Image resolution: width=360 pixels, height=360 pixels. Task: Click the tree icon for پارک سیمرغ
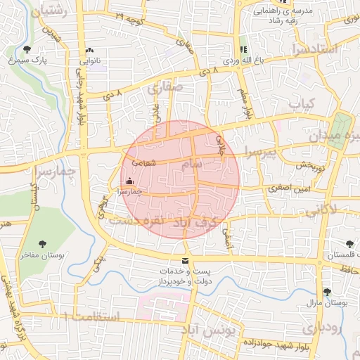click(27, 49)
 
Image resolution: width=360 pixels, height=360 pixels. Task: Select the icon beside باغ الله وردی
click(243, 50)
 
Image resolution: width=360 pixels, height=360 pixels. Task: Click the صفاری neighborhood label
click(165, 89)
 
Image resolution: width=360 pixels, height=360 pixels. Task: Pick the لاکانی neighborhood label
click(321, 208)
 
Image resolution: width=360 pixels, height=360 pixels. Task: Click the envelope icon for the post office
click(186, 261)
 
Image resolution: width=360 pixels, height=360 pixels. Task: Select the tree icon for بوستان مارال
click(327, 292)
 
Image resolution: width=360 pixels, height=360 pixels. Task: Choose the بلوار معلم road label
click(246, 103)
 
